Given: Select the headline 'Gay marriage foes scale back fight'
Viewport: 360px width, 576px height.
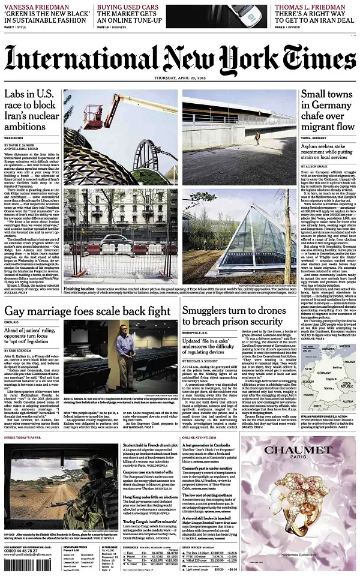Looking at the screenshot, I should (88, 311).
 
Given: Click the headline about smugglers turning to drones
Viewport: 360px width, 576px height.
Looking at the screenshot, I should (239, 316).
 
